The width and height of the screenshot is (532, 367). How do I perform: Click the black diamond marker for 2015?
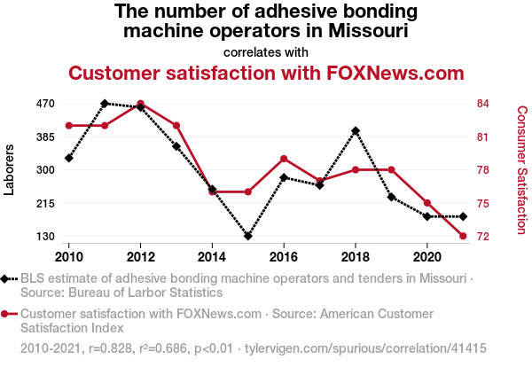coord(248,236)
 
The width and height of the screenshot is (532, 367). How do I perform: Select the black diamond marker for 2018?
coord(356,131)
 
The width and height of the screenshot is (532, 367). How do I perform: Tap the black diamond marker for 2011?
coord(105,104)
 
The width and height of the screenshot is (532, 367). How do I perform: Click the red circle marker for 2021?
coord(463,236)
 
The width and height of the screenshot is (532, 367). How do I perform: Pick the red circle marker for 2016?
coord(284,159)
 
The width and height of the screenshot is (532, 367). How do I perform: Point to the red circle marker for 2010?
coord(69,125)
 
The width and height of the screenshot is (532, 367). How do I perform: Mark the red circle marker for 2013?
coord(176,125)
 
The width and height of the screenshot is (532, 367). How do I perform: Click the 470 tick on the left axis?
coord(46,104)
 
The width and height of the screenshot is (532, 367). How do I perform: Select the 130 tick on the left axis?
coord(46,237)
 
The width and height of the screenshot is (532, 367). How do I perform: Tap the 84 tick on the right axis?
coord(483,104)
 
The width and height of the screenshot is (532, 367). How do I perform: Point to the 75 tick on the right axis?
coord(483,203)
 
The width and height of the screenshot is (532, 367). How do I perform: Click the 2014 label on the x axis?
coord(212,256)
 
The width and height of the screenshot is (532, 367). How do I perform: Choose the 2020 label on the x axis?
coord(426,256)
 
